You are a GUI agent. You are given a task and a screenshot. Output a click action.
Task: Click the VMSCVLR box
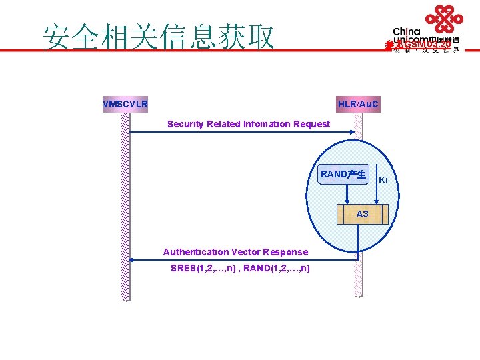[125, 105]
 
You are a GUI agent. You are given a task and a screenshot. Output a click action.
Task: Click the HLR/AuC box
[358, 105]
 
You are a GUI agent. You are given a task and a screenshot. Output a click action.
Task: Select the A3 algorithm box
[362, 215]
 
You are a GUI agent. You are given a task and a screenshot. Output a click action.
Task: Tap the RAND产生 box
[343, 175]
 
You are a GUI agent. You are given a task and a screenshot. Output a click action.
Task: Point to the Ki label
[383, 180]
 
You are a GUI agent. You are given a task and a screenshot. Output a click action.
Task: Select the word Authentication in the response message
[195, 252]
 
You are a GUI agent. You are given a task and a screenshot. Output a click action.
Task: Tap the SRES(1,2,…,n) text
[201, 268]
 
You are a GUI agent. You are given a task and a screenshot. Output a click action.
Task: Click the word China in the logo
[407, 31]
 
